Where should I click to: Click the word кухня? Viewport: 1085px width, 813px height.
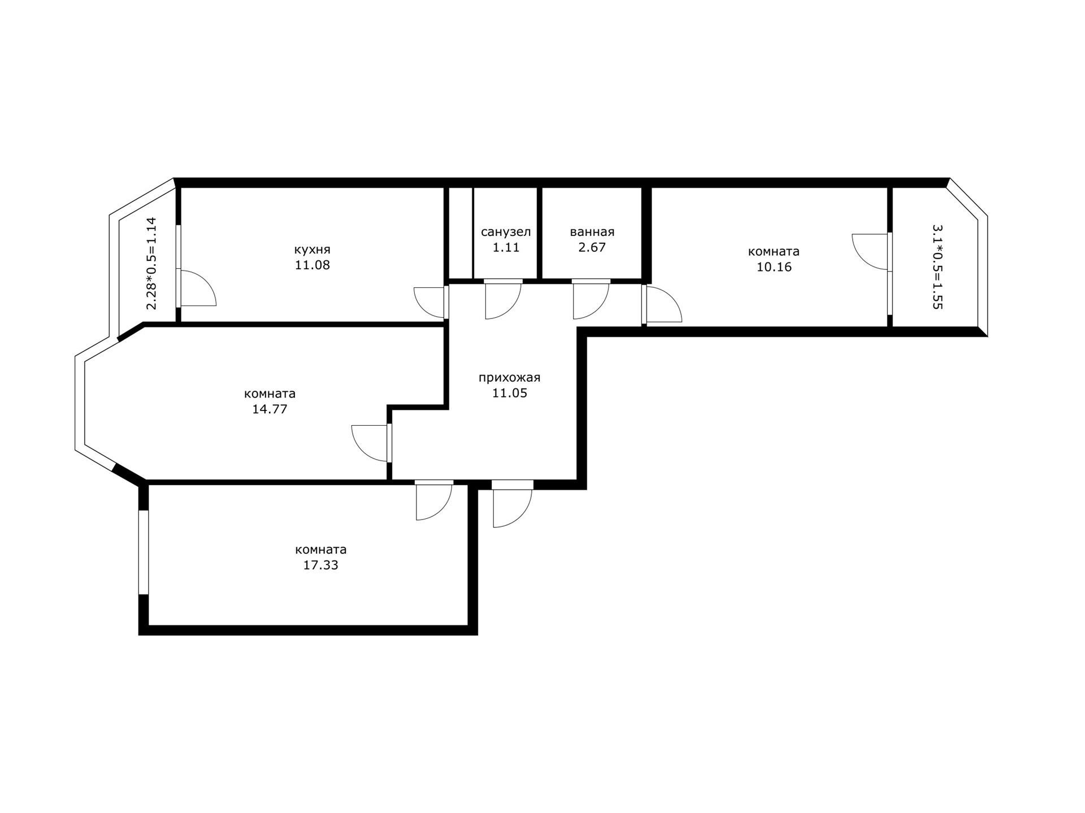312,250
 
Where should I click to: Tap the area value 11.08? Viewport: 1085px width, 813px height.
312,265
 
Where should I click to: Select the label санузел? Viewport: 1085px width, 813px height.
506,232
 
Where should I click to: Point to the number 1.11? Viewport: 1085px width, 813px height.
506,247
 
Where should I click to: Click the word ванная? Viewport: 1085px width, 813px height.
592,232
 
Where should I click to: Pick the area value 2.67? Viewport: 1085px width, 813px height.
592,247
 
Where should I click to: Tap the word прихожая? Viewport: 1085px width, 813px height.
509,378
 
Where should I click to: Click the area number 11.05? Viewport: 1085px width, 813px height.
509,393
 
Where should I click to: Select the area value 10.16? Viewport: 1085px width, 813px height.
774,267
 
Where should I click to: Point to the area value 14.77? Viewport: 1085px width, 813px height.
270,409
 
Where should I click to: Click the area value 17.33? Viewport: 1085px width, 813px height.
320,565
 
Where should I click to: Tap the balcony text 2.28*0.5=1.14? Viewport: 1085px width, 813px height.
151,263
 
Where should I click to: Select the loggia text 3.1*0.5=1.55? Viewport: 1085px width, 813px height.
938,266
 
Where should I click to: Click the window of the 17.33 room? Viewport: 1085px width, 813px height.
144,552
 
